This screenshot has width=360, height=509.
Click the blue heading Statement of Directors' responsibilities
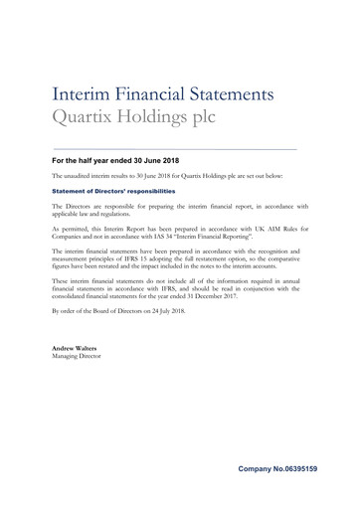tap(113, 190)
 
